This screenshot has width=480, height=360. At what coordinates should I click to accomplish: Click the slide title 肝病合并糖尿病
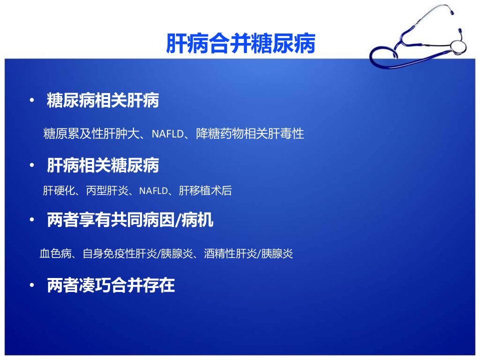click(240, 43)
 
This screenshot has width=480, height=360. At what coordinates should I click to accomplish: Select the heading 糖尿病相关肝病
click(103, 100)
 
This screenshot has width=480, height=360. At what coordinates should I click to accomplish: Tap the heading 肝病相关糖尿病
click(103, 165)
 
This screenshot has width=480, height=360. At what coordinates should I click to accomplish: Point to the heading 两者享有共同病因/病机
click(130, 220)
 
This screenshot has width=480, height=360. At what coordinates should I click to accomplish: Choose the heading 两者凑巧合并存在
click(111, 285)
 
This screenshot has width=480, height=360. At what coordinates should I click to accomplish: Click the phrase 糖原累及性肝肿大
click(91, 133)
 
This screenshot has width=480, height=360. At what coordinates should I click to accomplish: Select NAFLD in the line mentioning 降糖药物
click(167, 134)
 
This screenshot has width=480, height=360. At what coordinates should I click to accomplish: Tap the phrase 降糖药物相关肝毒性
click(250, 133)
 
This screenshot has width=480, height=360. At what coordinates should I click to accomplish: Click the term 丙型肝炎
click(107, 190)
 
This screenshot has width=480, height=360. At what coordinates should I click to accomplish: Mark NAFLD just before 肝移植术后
click(153, 191)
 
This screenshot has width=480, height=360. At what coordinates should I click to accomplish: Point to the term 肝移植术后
click(205, 190)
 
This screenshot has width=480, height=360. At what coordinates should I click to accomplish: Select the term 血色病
click(55, 253)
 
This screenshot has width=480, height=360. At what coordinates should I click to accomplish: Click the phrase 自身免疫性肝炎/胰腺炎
click(138, 253)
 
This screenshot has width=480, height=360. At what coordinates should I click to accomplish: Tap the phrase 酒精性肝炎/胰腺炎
click(248, 253)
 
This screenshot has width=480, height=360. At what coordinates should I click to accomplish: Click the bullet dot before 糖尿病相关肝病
click(32, 100)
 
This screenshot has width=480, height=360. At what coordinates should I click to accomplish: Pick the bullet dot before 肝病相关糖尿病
click(32, 165)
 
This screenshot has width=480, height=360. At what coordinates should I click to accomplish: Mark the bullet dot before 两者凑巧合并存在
click(32, 285)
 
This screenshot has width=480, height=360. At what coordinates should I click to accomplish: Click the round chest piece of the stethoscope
click(458, 46)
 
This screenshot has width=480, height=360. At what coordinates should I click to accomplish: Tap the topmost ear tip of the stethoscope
click(451, 11)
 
